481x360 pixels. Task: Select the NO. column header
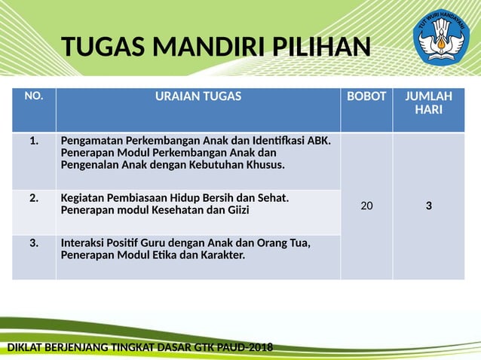pyautogui.click(x=34, y=96)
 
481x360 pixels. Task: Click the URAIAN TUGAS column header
pyautogui.click(x=198, y=96)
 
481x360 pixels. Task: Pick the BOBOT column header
pyautogui.click(x=366, y=96)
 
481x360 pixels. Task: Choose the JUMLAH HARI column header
pyautogui.click(x=428, y=102)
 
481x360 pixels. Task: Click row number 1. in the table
pyautogui.click(x=34, y=140)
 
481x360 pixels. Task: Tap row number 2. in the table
pyautogui.click(x=34, y=198)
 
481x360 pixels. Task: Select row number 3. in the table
pyautogui.click(x=34, y=243)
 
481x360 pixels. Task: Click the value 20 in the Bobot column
pyautogui.click(x=366, y=205)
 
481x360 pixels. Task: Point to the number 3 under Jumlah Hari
pyautogui.click(x=428, y=205)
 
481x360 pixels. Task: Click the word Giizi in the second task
pyautogui.click(x=234, y=210)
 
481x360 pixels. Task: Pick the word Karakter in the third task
pyautogui.click(x=222, y=255)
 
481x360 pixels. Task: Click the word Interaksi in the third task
pyautogui.click(x=84, y=243)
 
